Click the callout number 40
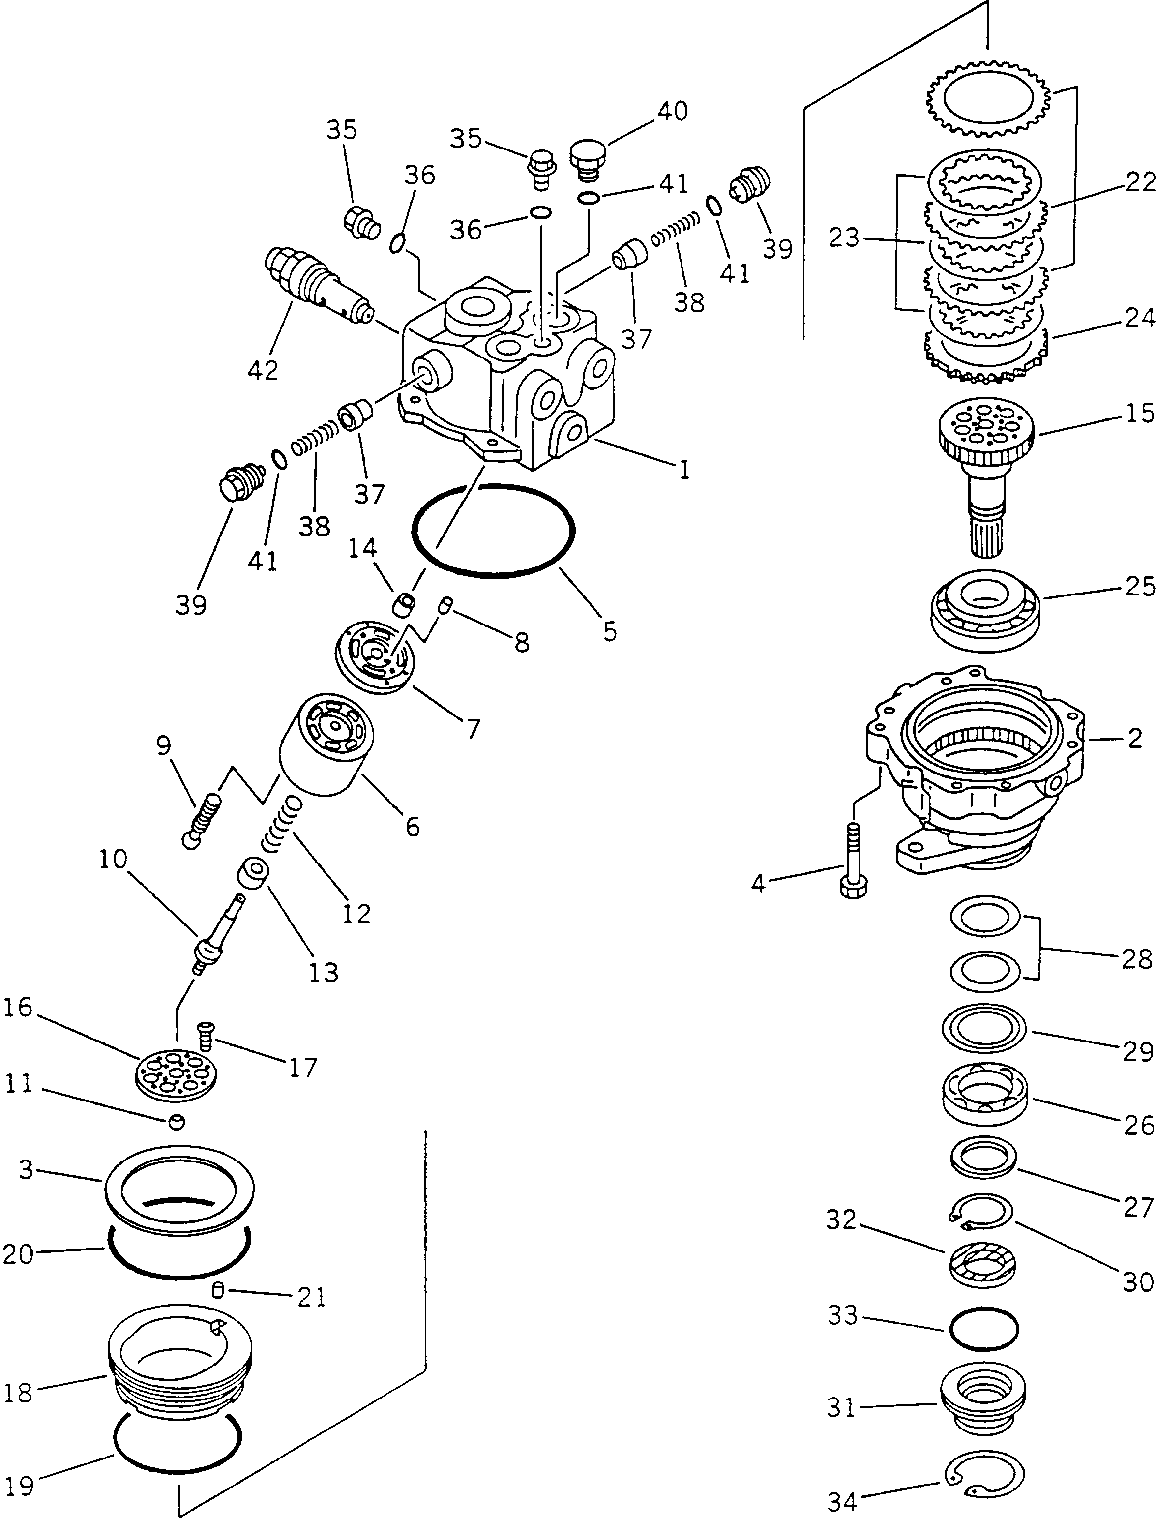(672, 111)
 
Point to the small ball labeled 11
(176, 1122)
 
